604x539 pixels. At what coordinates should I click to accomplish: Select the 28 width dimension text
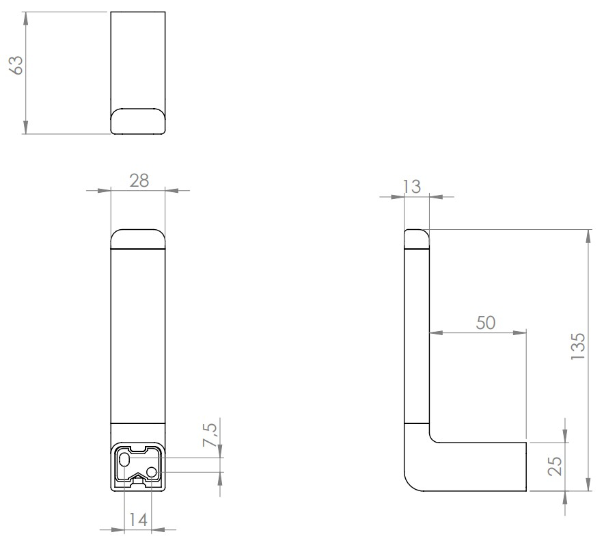click(138, 181)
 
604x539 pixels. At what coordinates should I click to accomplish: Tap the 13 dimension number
click(412, 187)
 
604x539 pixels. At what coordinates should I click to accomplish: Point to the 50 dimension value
click(485, 323)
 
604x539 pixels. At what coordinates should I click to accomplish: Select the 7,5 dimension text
click(212, 435)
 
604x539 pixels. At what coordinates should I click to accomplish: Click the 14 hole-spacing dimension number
click(138, 519)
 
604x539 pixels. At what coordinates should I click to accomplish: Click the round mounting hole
click(152, 471)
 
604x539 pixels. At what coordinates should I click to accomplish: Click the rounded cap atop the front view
click(138, 240)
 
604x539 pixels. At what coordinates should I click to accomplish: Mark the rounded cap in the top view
click(138, 120)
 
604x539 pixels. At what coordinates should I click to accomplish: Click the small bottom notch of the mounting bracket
click(138, 482)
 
